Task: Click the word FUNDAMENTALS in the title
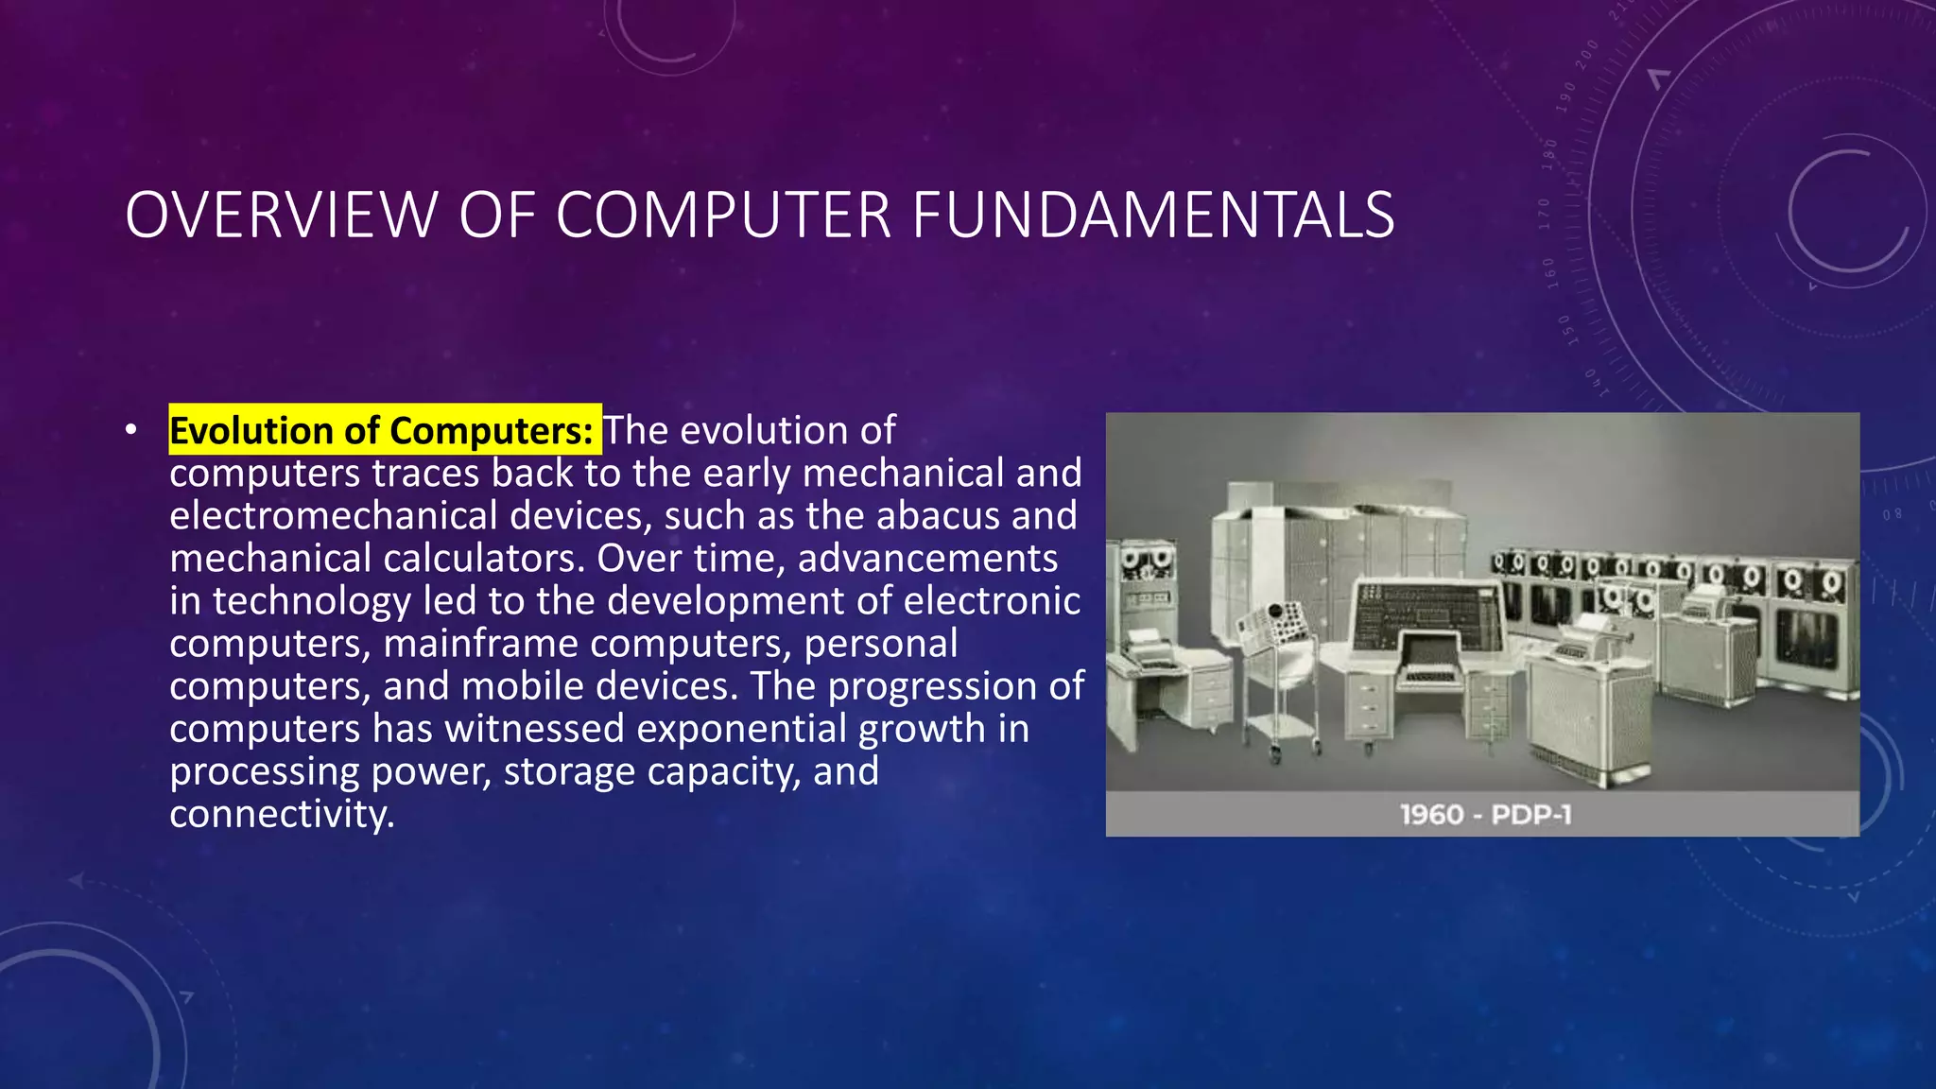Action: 1152,216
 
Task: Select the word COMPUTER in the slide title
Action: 723,216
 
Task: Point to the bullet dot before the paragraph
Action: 130,431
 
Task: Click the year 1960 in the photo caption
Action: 1431,815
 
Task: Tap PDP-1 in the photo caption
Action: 1531,815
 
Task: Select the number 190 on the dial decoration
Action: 1566,97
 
